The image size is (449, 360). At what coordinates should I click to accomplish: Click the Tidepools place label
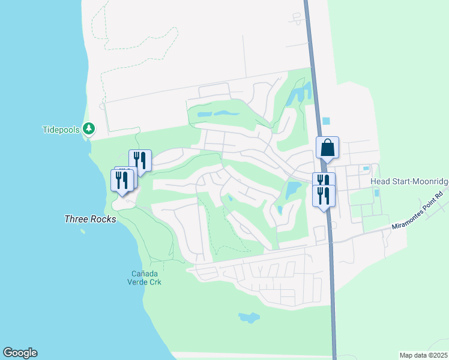pos(61,130)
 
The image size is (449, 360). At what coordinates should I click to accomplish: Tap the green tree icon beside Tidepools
pos(88,128)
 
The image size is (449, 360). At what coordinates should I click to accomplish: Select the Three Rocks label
pos(90,219)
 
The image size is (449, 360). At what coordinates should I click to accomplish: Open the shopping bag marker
pos(328,148)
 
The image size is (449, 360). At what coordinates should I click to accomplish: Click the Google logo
pos(20,352)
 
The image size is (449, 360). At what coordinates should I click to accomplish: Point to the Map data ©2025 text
pos(423,355)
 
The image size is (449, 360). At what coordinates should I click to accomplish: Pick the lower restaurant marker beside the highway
pos(324,196)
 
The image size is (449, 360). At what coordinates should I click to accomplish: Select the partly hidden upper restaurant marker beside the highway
pos(324,179)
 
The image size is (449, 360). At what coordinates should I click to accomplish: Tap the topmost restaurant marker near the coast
pos(140,160)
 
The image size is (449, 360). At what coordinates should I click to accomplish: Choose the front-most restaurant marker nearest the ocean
pos(122,180)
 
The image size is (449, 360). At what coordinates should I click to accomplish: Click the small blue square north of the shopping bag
pos(326,121)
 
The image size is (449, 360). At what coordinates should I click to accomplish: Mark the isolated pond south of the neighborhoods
pos(249,317)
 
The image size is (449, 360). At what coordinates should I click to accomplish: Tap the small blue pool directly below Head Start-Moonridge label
pos(376,193)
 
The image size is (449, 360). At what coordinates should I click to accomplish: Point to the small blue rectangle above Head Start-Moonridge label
pos(366,169)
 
